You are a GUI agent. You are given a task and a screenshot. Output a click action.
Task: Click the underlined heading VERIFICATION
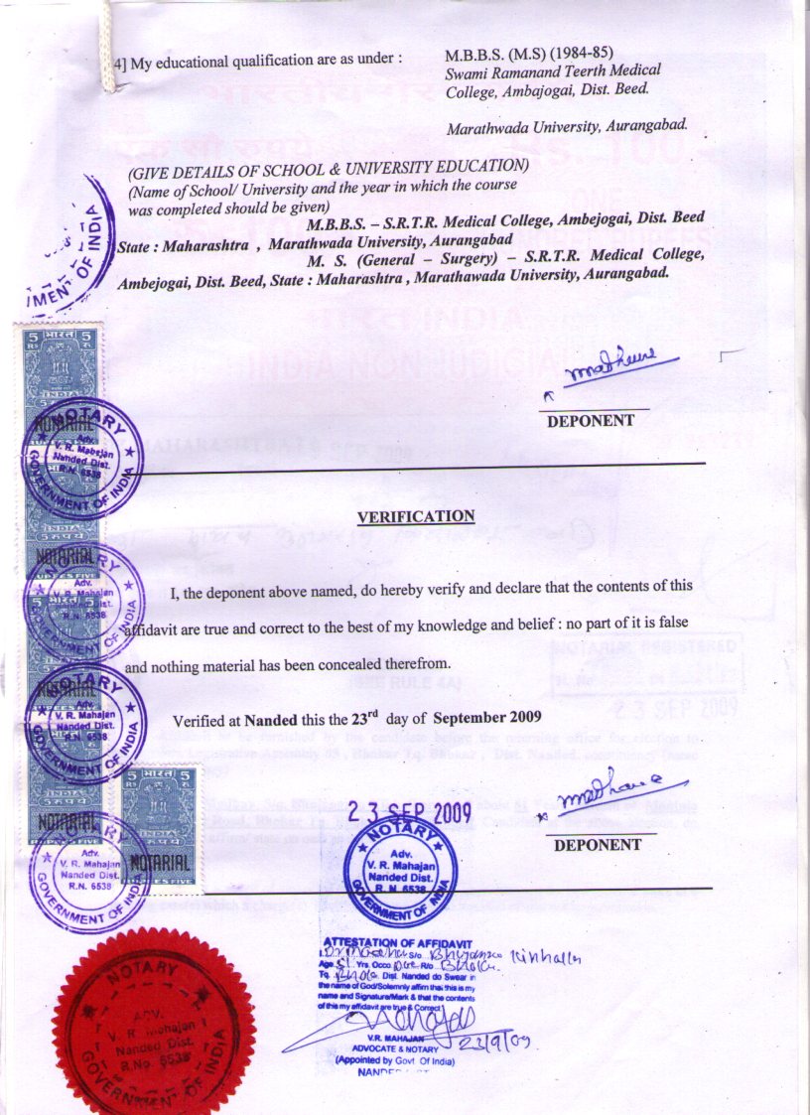pos(416,516)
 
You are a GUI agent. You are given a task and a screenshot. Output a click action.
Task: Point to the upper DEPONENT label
pos(591,420)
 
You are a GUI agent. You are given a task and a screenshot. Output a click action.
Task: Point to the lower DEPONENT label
pos(598,846)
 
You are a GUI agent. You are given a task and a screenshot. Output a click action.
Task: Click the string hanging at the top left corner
pos(101,40)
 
